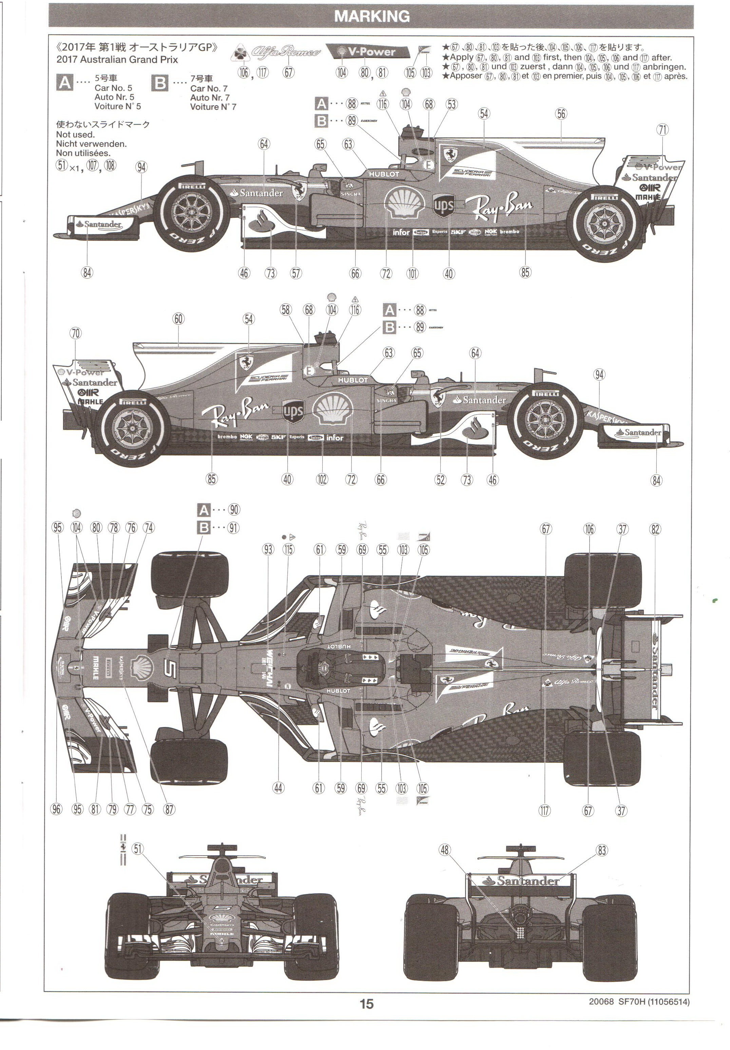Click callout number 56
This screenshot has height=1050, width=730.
pos(561,114)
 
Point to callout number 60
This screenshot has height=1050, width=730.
pos(178,319)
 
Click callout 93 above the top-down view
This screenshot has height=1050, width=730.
pos(268,549)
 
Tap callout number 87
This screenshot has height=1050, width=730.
pos(169,809)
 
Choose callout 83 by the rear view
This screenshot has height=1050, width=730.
pos(601,850)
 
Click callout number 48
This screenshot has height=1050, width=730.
pos(445,850)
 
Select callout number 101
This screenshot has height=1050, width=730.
pos(412,273)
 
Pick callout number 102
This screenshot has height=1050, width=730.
pos(322,479)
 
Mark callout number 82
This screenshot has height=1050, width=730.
pos(655,529)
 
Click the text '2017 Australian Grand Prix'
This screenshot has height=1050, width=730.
pos(117,59)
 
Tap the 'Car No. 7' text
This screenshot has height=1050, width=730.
pos(209,88)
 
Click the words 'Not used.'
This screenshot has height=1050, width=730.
pos(75,134)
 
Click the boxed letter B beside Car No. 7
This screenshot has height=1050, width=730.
pos(160,83)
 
